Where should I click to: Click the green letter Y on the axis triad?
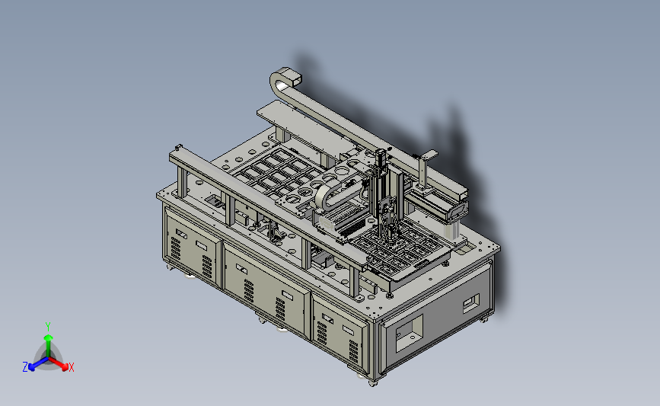pyautogui.click(x=47, y=327)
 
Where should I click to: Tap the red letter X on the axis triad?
pyautogui.click(x=71, y=367)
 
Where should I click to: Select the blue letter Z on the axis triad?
pyautogui.click(x=25, y=367)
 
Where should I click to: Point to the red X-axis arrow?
pyautogui.click(x=58, y=363)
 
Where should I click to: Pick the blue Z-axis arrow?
pyautogui.click(x=39, y=363)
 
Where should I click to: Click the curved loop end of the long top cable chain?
pyautogui.click(x=282, y=79)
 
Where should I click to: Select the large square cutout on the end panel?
pyautogui.click(x=409, y=334)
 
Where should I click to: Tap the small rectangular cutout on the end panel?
pyautogui.click(x=471, y=302)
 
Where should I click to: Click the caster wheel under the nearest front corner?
pyautogui.click(x=372, y=383)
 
